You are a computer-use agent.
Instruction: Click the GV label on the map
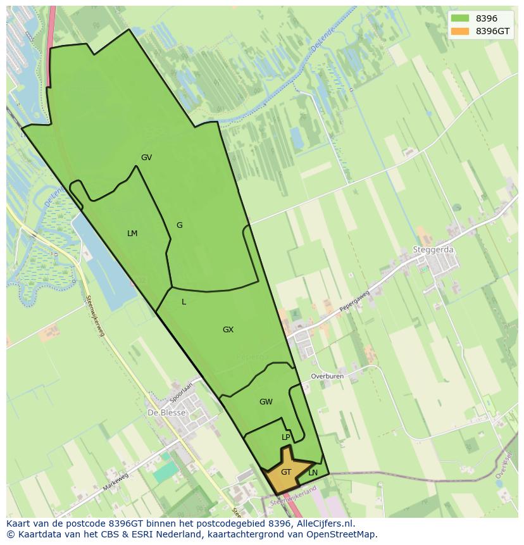pyautogui.click(x=146, y=158)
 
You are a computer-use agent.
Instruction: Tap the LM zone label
pyautogui.click(x=132, y=234)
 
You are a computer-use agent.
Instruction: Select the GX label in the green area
pyautogui.click(x=228, y=330)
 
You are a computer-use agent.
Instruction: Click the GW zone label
pyautogui.click(x=266, y=402)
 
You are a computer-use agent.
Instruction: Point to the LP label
pyautogui.click(x=286, y=437)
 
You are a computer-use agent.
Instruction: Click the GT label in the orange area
pyautogui.click(x=286, y=472)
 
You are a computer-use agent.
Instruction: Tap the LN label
pyautogui.click(x=313, y=472)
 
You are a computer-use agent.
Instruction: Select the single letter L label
pyautogui.click(x=184, y=302)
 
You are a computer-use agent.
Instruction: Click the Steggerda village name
pyautogui.click(x=433, y=249)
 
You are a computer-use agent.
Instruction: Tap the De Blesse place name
pyautogui.click(x=166, y=412)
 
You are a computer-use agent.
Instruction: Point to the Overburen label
pyautogui.click(x=327, y=376)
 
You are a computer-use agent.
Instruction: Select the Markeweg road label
pyautogui.click(x=115, y=482)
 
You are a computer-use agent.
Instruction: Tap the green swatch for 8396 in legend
pyautogui.click(x=460, y=18)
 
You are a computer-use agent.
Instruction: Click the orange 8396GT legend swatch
pyautogui.click(x=460, y=31)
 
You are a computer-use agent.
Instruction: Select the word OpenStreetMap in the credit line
pyautogui.click(x=346, y=534)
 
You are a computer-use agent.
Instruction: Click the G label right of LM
pyautogui.click(x=179, y=225)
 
